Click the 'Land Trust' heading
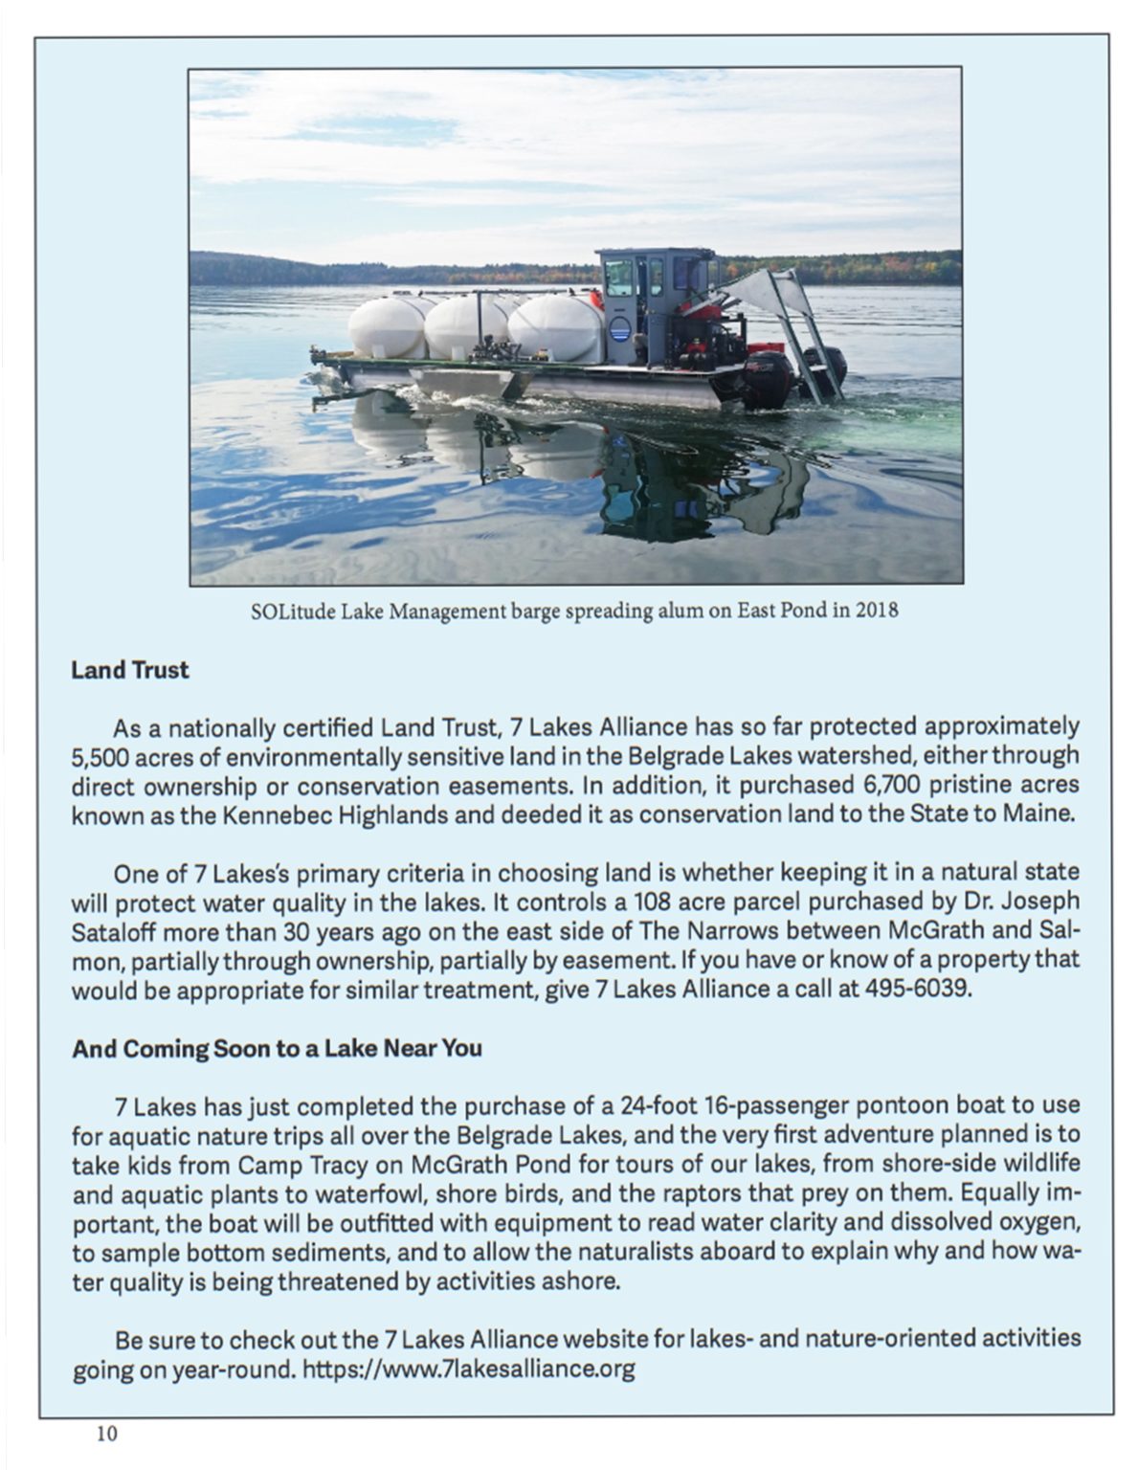pos(130,670)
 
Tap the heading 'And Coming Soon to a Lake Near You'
pos(277,1048)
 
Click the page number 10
pos(106,1433)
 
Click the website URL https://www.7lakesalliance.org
pos(468,1369)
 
